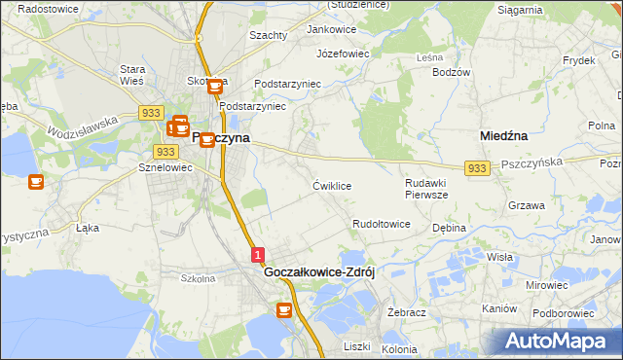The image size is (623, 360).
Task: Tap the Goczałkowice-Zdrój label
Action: pos(320,273)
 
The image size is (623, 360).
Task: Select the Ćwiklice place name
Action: pos(332,185)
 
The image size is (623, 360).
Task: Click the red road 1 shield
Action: pos(258,255)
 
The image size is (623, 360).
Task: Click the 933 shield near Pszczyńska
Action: pos(476,169)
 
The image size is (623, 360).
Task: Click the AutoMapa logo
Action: pos(556,342)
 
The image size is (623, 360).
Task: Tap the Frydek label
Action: pos(578,60)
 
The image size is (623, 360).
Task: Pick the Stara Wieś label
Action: pos(132,75)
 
